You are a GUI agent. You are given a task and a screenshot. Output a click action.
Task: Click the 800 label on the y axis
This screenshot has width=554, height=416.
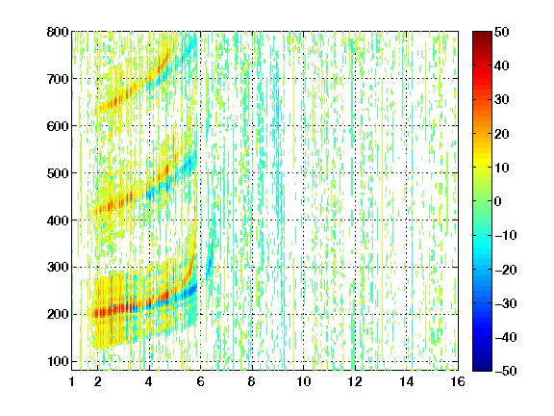point(58,32)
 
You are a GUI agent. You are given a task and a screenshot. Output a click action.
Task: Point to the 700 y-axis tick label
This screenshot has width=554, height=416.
point(58,79)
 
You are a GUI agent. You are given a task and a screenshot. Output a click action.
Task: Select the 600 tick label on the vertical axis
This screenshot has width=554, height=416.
point(58,126)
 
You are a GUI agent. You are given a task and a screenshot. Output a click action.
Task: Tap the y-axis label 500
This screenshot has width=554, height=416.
point(58,173)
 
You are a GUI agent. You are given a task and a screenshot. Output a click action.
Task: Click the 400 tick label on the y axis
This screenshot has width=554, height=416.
point(58,221)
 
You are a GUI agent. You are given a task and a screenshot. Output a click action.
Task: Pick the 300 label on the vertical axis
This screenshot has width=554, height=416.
point(58,268)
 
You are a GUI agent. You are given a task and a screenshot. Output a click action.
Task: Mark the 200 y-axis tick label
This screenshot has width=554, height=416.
point(58,315)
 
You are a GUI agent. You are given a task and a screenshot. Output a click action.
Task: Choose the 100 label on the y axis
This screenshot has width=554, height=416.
point(58,361)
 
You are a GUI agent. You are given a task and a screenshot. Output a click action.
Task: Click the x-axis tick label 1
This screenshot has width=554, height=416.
point(72,381)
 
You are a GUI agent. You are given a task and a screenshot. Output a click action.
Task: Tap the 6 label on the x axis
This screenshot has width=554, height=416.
point(201,381)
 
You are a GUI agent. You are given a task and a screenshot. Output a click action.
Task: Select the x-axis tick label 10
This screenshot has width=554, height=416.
point(304,381)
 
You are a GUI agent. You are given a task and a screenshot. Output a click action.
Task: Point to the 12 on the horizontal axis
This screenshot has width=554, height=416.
point(355,381)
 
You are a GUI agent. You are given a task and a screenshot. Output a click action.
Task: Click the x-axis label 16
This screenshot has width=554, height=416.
point(458,381)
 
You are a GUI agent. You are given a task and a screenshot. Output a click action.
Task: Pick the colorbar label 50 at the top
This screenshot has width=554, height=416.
point(501,32)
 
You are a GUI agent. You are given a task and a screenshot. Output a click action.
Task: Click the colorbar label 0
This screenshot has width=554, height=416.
point(498,201)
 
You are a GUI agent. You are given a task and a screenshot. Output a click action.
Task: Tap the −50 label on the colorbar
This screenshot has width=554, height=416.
point(506,371)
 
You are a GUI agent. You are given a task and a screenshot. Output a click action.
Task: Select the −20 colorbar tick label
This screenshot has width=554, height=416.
point(506,270)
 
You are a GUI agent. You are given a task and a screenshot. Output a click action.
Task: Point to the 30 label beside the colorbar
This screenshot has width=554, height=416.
point(501,100)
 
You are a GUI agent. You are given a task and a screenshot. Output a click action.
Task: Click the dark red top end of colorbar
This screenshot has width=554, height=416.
point(482,35)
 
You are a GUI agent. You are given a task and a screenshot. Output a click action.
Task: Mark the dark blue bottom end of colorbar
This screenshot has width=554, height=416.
point(482,368)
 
